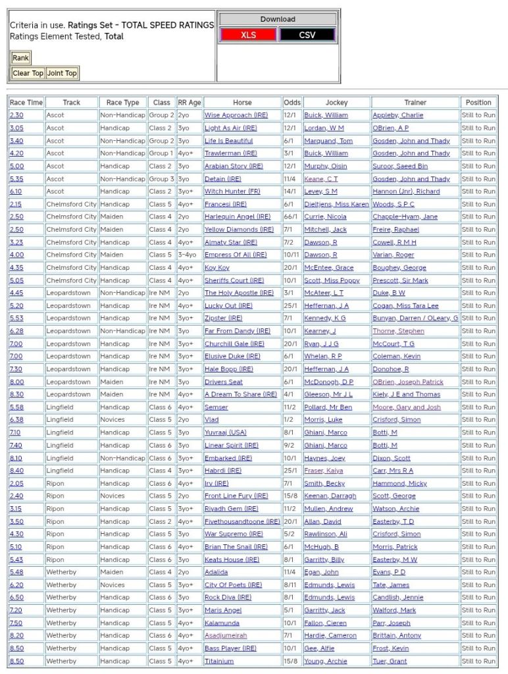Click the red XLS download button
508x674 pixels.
pyautogui.click(x=248, y=35)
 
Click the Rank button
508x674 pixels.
pyautogui.click(x=20, y=58)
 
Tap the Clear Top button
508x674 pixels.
pyautogui.click(x=28, y=73)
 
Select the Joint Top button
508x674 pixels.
pyautogui.click(x=63, y=73)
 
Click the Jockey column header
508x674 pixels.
pyautogui.click(x=336, y=103)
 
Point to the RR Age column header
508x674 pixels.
pyautogui.click(x=190, y=103)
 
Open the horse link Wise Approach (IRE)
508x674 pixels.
pyautogui.click(x=236, y=115)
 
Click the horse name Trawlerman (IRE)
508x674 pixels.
pyautogui.click(x=234, y=153)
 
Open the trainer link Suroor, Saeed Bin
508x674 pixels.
pyautogui.click(x=400, y=166)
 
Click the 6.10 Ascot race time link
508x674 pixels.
pyautogui.click(x=16, y=192)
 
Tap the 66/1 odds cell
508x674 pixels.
pyautogui.click(x=292, y=217)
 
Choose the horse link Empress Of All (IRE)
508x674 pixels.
pyautogui.click(x=236, y=255)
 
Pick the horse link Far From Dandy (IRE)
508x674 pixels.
pyautogui.click(x=238, y=331)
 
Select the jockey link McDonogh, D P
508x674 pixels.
pyautogui.click(x=328, y=382)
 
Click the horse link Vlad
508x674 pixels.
pyautogui.click(x=212, y=420)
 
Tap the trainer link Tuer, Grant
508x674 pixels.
pyautogui.click(x=390, y=661)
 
